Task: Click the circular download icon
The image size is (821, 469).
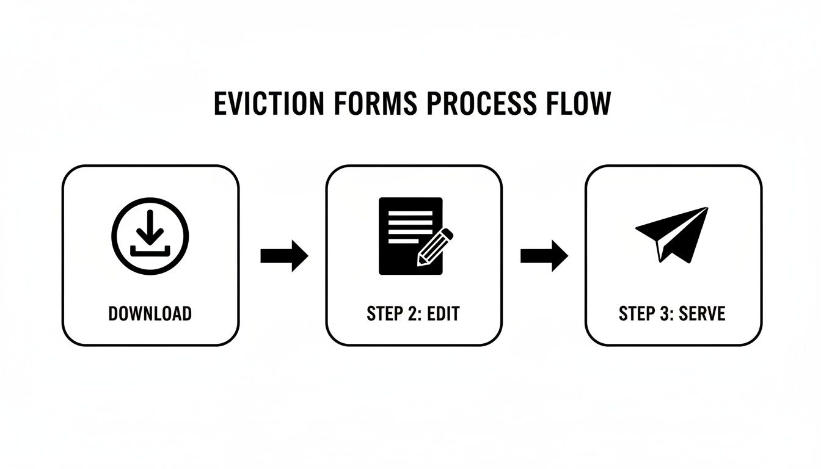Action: pyautogui.click(x=150, y=235)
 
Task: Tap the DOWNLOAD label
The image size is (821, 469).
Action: pyautogui.click(x=150, y=314)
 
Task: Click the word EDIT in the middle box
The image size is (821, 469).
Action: pyautogui.click(x=442, y=314)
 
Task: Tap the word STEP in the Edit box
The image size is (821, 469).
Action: pyautogui.click(x=384, y=314)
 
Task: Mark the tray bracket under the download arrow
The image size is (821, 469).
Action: pyautogui.click(x=150, y=250)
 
